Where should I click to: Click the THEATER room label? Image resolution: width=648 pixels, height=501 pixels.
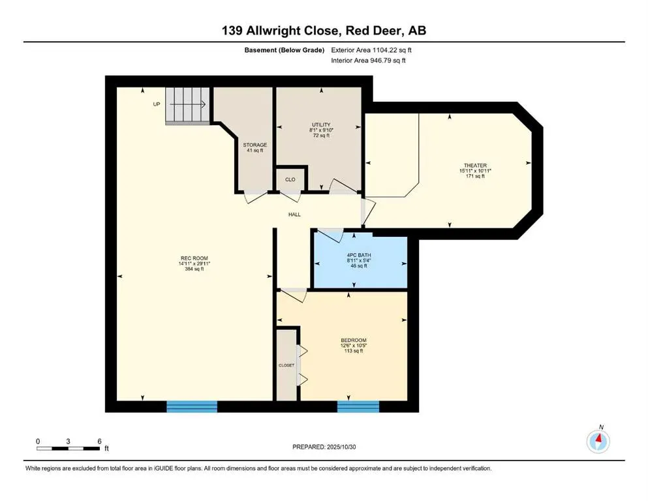coord(474,165)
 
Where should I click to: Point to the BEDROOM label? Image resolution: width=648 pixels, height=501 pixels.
coord(353,340)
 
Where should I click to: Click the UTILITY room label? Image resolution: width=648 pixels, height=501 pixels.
coord(320,124)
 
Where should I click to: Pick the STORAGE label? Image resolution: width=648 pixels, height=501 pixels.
coord(255,145)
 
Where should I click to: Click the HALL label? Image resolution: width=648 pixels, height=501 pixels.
coord(294,214)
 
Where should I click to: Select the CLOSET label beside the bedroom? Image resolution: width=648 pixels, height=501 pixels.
coord(286,365)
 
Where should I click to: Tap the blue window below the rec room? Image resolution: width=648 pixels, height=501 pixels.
coord(191,406)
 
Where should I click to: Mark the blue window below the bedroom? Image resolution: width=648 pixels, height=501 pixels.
coord(358,406)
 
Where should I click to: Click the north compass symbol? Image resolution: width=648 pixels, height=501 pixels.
coord(598,441)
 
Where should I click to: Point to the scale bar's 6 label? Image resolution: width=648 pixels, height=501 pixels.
coord(99,441)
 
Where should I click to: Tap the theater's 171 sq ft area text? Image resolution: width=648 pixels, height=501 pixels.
coord(474,176)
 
